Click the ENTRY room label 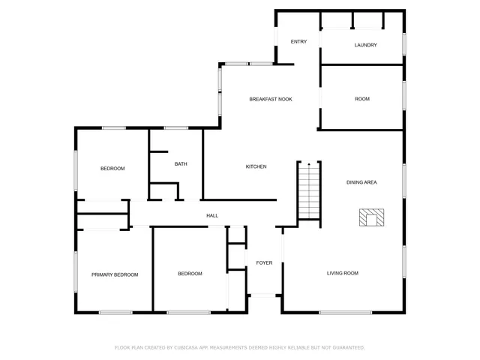click(298, 41)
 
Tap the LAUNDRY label click(365, 45)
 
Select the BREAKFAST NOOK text click(270, 99)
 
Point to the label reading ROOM click(362, 99)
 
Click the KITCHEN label click(256, 166)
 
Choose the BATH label click(181, 164)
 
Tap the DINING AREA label click(361, 182)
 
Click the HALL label click(212, 216)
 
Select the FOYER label click(264, 262)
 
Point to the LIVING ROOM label click(342, 273)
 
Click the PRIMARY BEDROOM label click(115, 274)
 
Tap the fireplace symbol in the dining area click(370, 218)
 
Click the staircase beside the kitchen click(309, 196)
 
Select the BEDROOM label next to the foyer click(190, 274)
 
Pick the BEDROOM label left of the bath click(112, 169)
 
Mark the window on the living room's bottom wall click(345, 312)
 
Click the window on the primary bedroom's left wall click(76, 270)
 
